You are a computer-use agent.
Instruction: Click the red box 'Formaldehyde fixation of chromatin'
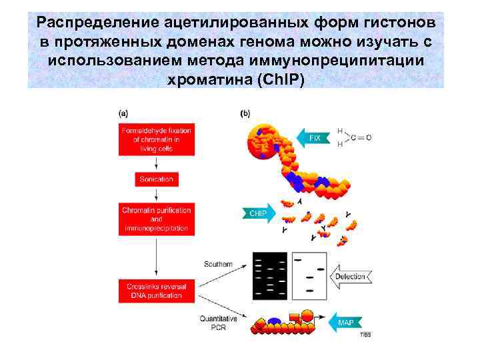(156, 139)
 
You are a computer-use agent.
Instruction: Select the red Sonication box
(156, 179)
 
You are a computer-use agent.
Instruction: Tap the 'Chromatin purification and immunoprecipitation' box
(156, 219)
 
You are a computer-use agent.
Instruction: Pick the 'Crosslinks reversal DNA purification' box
(156, 291)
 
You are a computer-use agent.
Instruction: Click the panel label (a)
(124, 113)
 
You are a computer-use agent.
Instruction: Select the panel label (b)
(245, 113)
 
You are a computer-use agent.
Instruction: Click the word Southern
(218, 265)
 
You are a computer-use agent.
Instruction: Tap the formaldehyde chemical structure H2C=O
(354, 137)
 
